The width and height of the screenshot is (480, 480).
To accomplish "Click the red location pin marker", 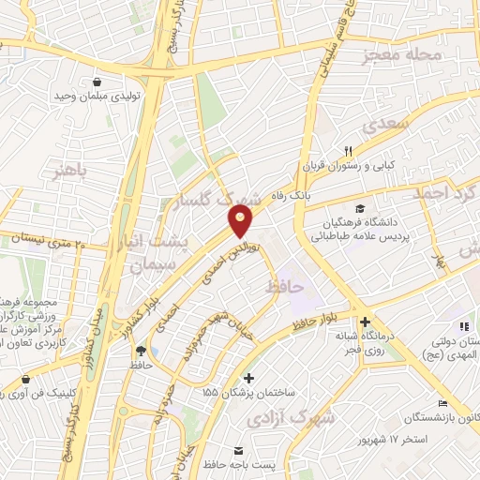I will point(241,221).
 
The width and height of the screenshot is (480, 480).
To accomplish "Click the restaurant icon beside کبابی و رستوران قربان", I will point(348,150).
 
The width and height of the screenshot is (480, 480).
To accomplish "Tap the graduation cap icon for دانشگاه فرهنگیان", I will point(361,208).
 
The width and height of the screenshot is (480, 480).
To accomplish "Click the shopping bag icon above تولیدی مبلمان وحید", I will point(97,81).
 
